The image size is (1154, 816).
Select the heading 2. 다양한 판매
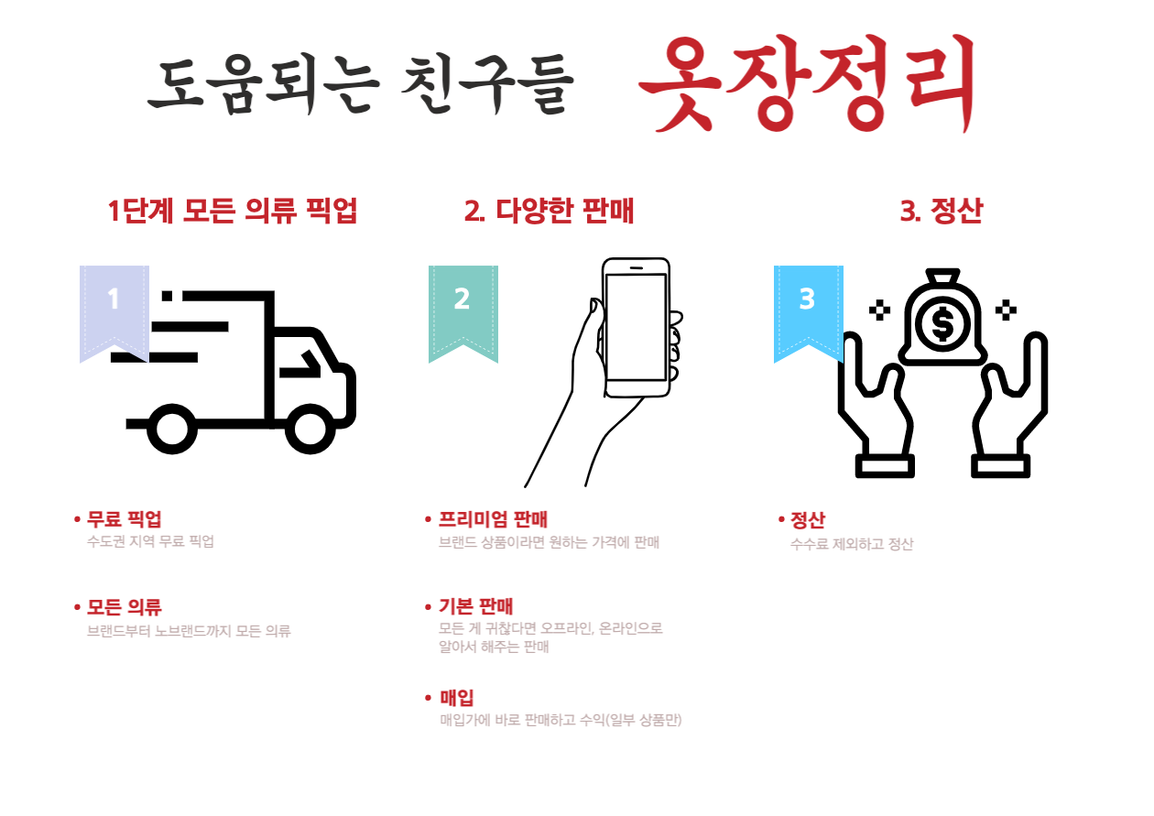[x=550, y=211]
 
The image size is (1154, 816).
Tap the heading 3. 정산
[x=942, y=211]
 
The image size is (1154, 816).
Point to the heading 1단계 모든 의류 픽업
[x=233, y=211]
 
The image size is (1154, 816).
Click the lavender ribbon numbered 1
[x=114, y=314]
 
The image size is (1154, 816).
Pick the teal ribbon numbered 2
[x=463, y=314]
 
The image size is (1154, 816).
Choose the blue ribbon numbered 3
[x=809, y=314]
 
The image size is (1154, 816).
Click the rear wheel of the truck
[x=172, y=430]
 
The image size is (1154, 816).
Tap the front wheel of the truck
[x=310, y=430]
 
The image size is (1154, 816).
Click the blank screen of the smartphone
[x=637, y=328]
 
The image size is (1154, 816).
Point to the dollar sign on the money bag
[x=942, y=324]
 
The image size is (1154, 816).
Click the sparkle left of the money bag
[x=879, y=310]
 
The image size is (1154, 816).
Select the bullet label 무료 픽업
[x=125, y=518]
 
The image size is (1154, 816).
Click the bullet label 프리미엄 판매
[x=493, y=518]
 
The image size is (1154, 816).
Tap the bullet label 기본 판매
[x=475, y=606]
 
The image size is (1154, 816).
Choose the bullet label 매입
[x=456, y=698]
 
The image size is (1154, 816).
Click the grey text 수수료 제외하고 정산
[x=852, y=544]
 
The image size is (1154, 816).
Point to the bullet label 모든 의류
[x=125, y=607]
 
